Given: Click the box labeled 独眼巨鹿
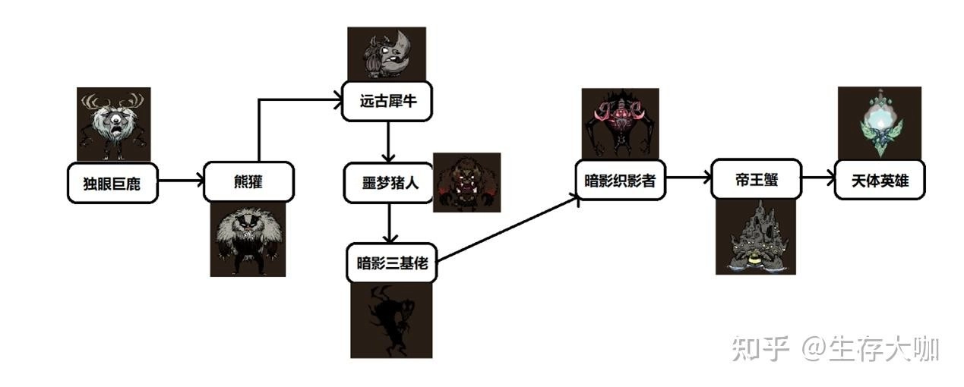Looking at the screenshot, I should tap(113, 182).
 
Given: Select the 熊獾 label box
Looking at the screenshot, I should tap(248, 182).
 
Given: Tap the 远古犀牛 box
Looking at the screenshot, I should tap(387, 100).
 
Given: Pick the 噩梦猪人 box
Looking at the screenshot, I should tap(387, 182).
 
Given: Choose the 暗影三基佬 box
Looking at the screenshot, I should tap(390, 263).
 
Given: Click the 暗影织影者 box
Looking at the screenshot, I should tap(621, 180).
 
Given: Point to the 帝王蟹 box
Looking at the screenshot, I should tap(756, 180).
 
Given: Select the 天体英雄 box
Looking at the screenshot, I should tap(880, 180).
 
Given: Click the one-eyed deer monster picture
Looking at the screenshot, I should tap(114, 124).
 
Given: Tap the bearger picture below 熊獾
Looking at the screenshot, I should tap(248, 238).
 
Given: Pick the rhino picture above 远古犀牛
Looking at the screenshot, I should tap(387, 53).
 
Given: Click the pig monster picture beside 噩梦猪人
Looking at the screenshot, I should tap(466, 181).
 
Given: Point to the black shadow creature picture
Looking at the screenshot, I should tap(390, 319).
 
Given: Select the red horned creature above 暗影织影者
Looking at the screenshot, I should tap(621, 124).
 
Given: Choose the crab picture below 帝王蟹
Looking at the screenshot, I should tap(756, 237).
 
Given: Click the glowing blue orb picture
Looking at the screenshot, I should tap(879, 123).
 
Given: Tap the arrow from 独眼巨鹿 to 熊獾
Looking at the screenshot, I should tap(181, 181).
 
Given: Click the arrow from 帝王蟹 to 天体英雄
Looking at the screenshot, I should tap(817, 180).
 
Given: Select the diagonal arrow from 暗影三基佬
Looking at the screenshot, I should tap(507, 228).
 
